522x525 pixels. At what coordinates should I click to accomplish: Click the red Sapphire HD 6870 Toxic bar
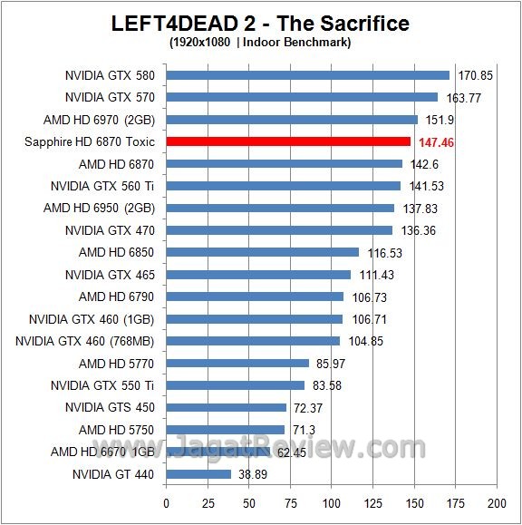[288, 141]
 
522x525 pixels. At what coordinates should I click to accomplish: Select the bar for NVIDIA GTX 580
[307, 75]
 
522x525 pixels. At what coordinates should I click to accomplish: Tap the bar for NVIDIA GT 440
[198, 473]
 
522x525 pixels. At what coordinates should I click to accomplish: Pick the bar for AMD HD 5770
[237, 363]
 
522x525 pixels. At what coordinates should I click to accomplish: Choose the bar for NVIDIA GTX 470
[278, 230]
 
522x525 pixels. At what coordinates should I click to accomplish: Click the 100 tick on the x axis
[331, 502]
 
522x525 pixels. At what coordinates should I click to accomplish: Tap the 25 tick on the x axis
[208, 502]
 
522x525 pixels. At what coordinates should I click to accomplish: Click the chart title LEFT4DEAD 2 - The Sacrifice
[260, 23]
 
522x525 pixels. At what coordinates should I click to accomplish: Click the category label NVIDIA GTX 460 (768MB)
[86, 341]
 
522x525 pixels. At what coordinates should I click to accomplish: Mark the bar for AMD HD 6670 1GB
[217, 452]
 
